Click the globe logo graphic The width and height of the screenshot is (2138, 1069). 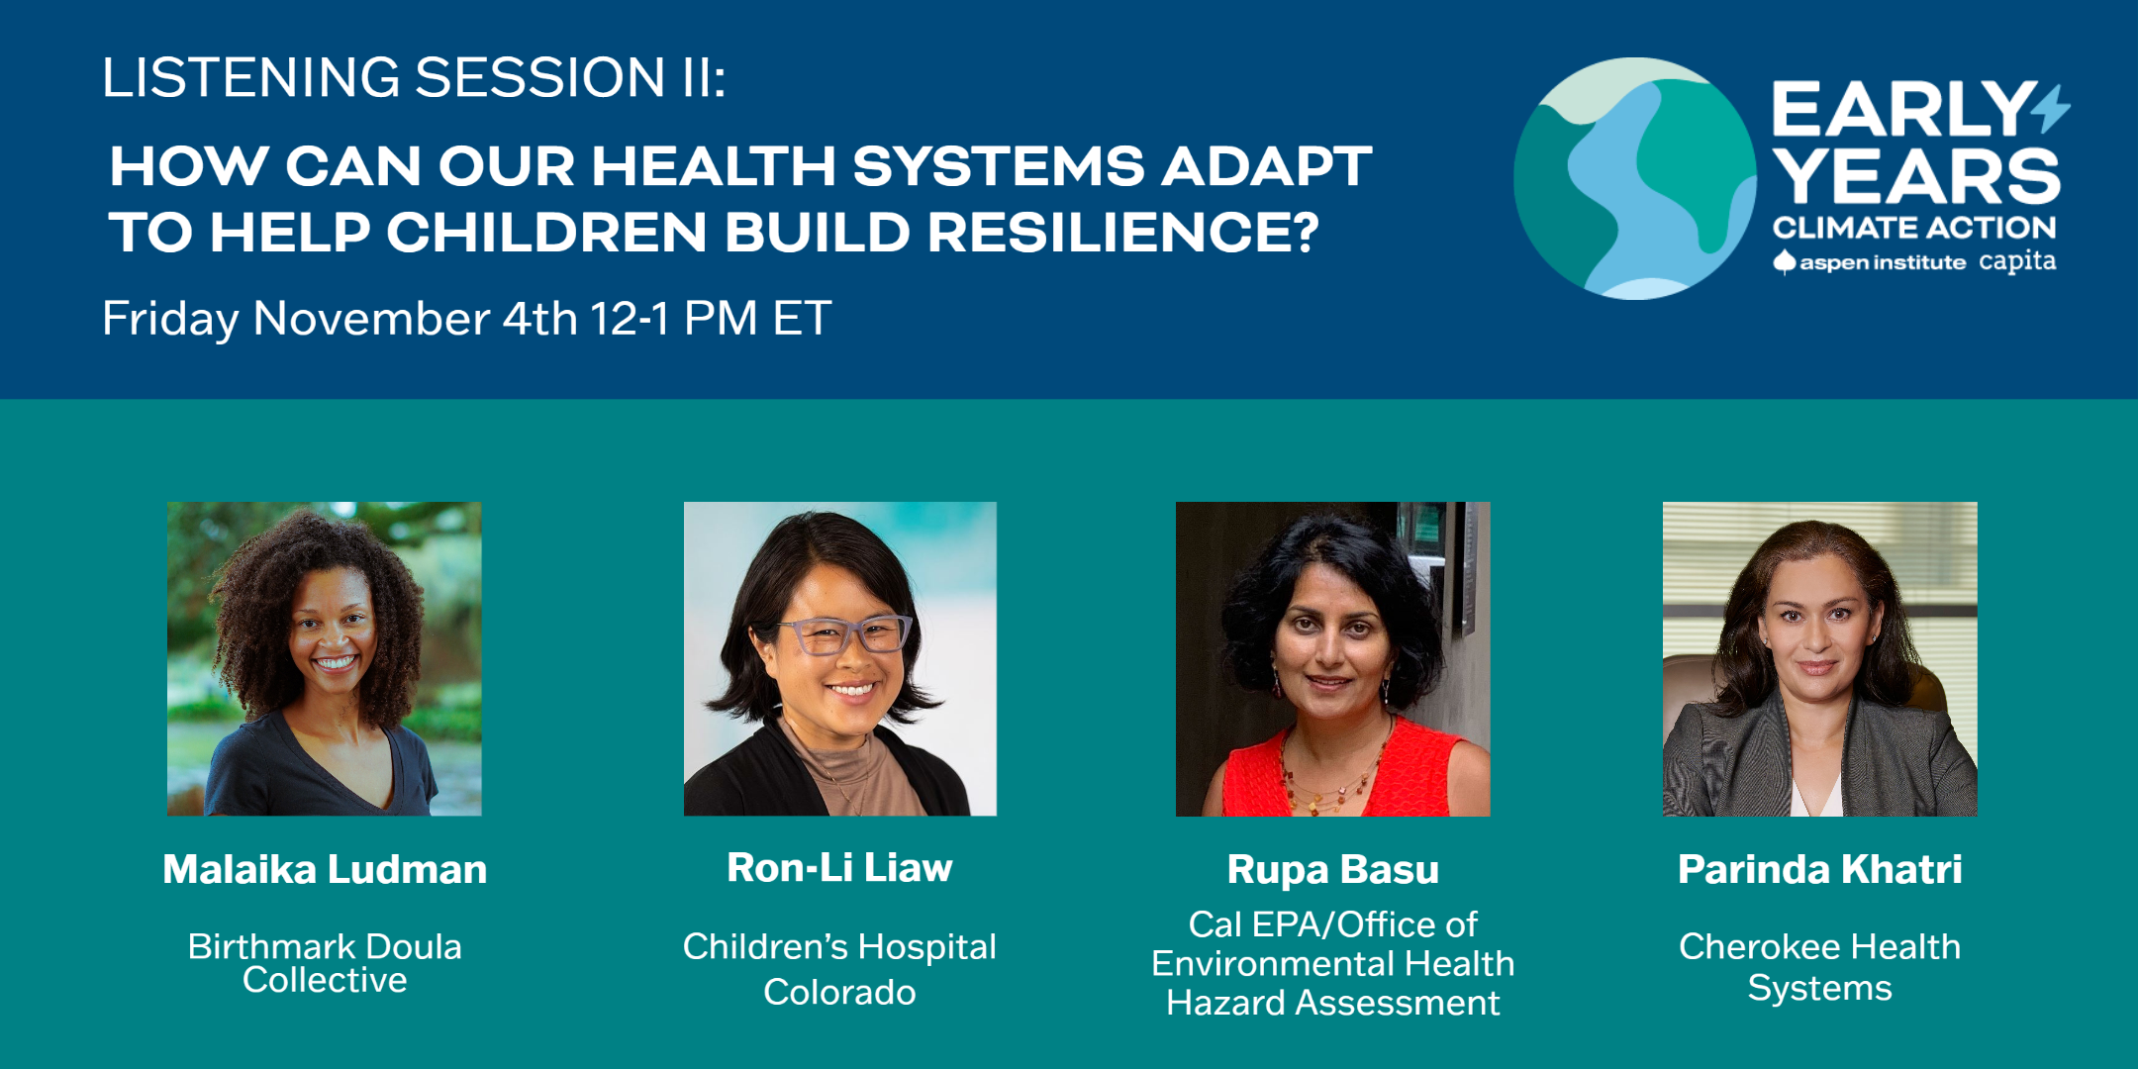[x=1635, y=178]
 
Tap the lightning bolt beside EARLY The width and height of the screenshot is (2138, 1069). [x=2051, y=108]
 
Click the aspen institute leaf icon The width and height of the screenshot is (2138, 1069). [x=1784, y=262]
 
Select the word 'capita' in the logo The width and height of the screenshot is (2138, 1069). [x=2017, y=262]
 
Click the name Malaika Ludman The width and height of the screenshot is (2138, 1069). [x=325, y=869]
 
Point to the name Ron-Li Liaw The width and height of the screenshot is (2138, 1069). [x=839, y=867]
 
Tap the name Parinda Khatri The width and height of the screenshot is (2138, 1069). [x=1819, y=869]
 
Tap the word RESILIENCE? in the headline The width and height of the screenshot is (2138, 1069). [x=1122, y=233]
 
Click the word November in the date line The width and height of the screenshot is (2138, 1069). [x=371, y=319]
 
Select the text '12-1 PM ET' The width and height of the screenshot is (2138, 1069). [x=710, y=319]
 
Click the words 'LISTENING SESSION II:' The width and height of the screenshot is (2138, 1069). [x=414, y=77]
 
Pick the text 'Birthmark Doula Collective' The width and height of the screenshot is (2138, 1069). [x=325, y=963]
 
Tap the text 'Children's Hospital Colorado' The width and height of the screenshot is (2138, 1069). [x=839, y=969]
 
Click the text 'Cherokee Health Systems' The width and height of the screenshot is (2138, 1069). [x=1819, y=967]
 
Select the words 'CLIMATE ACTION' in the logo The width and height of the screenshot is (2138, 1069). [x=1914, y=228]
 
